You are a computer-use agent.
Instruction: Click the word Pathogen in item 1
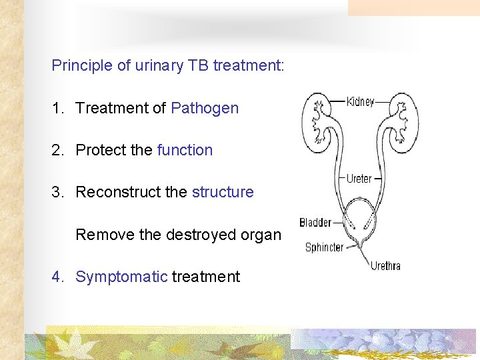tap(205, 108)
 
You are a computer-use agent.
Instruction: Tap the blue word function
tap(185, 150)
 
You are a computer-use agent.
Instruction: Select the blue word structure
tap(223, 192)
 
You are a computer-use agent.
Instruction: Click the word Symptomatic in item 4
tap(121, 277)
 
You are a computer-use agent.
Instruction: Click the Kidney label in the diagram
tap(360, 102)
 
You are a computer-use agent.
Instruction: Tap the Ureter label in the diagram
tap(359, 179)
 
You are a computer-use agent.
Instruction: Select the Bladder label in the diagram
tap(315, 223)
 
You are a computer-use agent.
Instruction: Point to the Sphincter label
tap(324, 247)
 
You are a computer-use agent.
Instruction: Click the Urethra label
tap(385, 265)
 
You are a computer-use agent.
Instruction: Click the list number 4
tap(57, 277)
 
